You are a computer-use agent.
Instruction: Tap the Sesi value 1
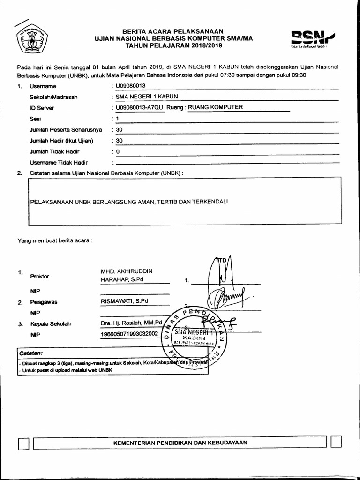[118, 119]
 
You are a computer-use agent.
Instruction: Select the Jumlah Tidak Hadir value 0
[118, 152]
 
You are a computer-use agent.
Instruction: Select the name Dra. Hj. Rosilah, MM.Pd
[131, 323]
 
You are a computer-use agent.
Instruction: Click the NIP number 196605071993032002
[129, 334]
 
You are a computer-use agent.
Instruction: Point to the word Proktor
[39, 276]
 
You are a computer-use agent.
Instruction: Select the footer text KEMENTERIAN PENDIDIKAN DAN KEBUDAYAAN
[180, 442]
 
